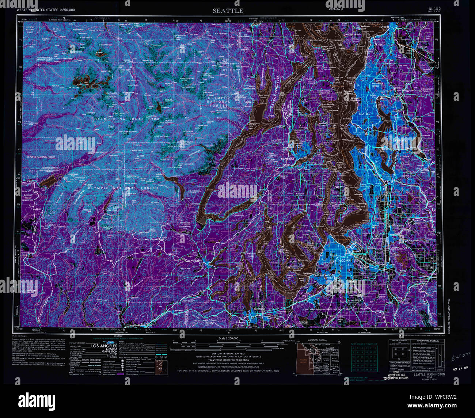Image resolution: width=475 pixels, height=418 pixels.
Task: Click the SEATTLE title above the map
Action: [x=228, y=11]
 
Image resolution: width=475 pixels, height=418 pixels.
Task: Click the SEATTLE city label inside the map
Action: [x=364, y=114]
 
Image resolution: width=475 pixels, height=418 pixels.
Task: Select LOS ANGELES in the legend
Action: [x=104, y=346]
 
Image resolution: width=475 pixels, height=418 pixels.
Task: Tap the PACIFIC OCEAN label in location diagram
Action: [x=302, y=361]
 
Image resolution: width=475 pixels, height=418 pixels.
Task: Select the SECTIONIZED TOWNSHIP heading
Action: [x=364, y=344]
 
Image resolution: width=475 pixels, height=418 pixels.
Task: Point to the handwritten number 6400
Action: [x=457, y=358]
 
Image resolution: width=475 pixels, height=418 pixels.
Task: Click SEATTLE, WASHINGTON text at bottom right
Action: [x=429, y=375]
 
